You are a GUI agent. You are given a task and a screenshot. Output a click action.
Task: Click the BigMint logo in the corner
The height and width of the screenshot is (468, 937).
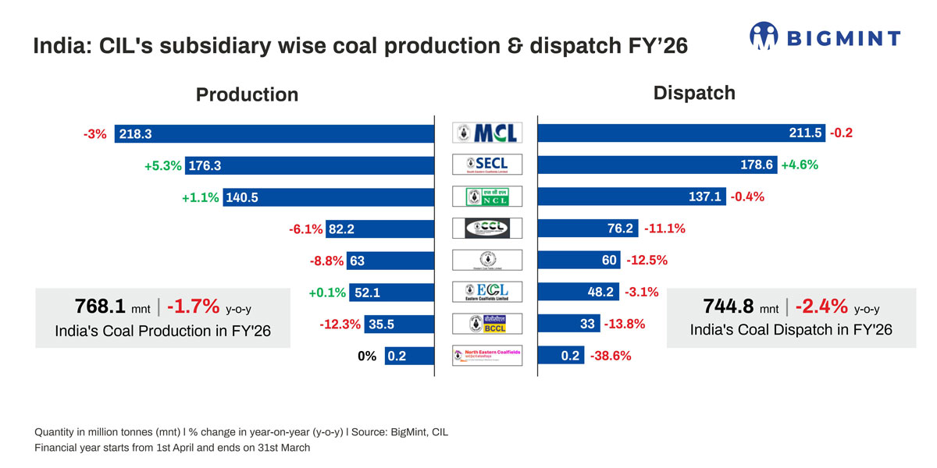(825, 36)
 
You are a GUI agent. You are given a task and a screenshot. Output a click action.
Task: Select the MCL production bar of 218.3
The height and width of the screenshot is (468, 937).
(273, 134)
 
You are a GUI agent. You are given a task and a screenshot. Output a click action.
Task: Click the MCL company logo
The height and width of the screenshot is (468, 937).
(486, 133)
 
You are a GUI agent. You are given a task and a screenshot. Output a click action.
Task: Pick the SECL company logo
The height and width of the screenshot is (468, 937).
(486, 164)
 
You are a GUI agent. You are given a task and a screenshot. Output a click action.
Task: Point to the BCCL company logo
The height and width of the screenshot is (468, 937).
(486, 324)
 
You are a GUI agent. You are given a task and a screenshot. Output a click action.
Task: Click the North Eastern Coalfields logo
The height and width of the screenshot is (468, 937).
(486, 356)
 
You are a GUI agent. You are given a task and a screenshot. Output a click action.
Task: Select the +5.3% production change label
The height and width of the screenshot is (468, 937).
(162, 165)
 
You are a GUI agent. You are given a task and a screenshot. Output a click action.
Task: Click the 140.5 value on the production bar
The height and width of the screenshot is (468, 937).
(242, 197)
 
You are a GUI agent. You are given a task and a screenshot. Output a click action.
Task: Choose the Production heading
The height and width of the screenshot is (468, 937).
(247, 94)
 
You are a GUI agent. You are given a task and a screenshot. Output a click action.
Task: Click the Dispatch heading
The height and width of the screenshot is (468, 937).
(694, 93)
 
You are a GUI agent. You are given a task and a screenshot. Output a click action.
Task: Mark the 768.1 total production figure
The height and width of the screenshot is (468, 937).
(100, 305)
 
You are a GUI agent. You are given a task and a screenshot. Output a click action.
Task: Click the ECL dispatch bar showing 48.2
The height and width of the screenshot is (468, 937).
(579, 292)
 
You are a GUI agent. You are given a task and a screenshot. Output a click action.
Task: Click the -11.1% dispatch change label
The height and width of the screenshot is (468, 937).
(664, 229)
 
